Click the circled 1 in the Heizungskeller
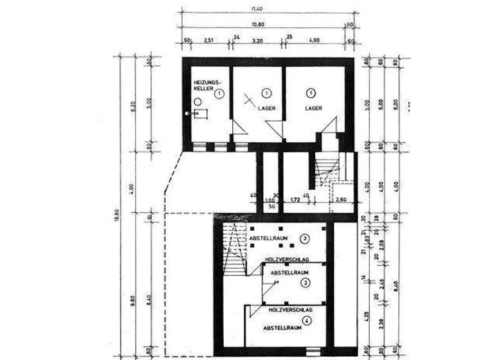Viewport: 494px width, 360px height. [219, 94]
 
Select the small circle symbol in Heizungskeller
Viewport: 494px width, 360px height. [197, 102]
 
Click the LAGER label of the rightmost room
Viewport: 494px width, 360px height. [313, 109]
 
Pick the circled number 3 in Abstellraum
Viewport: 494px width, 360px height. [305, 239]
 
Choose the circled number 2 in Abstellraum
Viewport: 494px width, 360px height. [306, 282]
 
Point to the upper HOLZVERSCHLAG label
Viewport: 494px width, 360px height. [287, 260]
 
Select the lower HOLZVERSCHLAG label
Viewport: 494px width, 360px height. [287, 309]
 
